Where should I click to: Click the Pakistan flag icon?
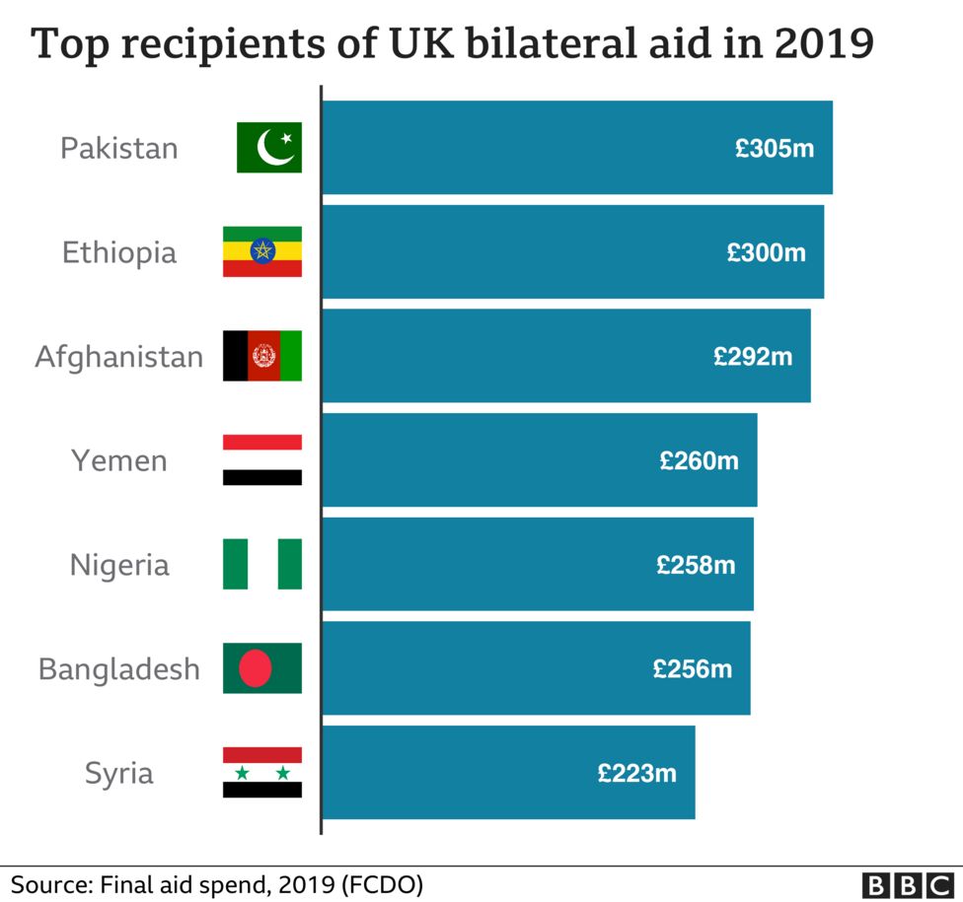268,148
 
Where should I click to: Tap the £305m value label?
775,148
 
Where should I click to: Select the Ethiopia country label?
119,252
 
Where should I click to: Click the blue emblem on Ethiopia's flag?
261,251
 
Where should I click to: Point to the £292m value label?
753,356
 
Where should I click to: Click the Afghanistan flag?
261,356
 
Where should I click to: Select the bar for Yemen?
539,460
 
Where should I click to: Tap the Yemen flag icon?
261,460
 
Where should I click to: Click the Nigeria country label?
119,565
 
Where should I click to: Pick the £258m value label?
696,565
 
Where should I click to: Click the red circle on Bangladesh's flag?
256,668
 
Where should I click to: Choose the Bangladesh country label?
119,669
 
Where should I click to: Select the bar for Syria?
508,773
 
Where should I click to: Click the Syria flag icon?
261,773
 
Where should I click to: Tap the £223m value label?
637,773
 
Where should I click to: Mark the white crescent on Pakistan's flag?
272,149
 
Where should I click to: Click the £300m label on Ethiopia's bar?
767,252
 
